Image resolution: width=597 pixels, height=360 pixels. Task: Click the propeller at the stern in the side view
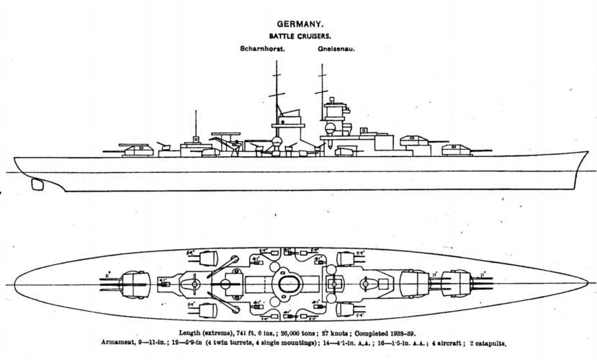click(37, 184)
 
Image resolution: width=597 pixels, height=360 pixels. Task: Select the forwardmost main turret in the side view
click(456, 148)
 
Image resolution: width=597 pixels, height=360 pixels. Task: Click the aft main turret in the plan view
click(137, 281)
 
